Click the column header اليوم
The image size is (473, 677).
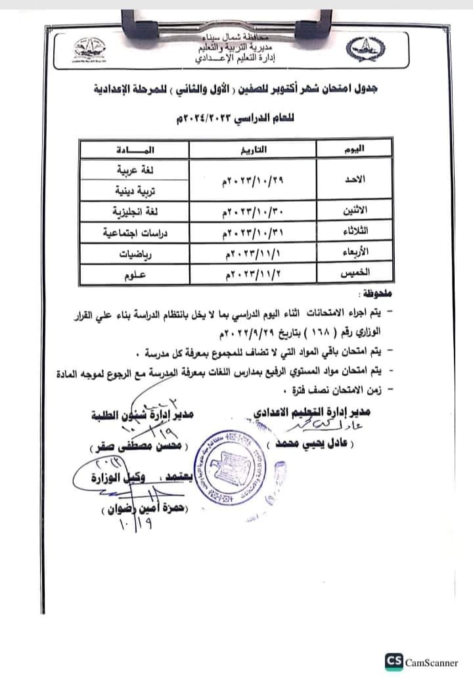[355, 150]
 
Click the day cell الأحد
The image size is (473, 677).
[355, 180]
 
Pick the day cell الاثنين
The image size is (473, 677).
[355, 211]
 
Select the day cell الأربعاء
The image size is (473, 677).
[355, 252]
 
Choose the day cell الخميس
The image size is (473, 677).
[355, 274]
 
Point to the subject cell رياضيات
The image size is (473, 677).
[131, 253]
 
